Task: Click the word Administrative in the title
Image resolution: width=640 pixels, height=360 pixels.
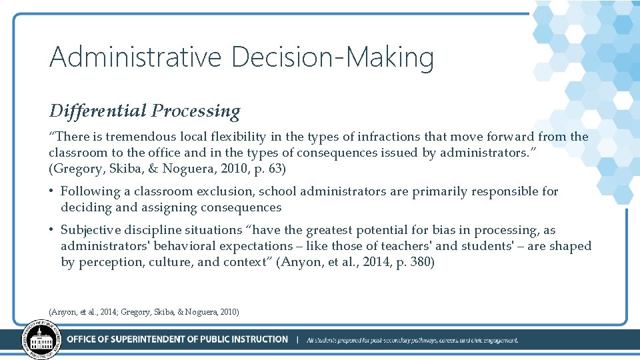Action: point(135,57)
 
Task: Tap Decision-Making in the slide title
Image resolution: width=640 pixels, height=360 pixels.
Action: point(333,58)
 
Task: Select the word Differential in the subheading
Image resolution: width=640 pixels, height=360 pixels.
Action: point(97,110)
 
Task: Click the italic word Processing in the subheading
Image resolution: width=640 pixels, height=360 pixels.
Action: point(195,111)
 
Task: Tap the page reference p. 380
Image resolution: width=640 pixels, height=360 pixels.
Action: point(413,262)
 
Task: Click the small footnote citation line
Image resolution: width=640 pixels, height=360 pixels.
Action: point(144,312)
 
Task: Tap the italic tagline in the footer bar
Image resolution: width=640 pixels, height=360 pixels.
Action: point(412,340)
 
